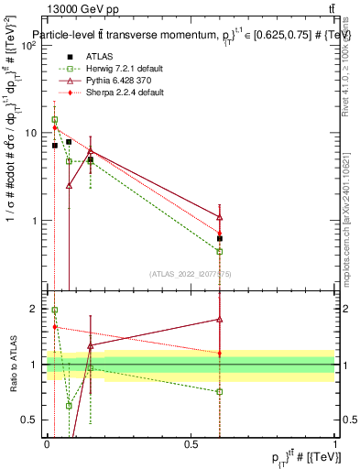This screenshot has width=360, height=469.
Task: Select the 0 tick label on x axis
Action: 47,442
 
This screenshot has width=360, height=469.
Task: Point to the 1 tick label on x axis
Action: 334,442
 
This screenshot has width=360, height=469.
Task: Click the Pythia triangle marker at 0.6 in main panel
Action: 220,216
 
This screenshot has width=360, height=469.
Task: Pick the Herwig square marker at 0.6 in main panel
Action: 220,251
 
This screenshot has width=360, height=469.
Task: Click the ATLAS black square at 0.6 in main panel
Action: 220,238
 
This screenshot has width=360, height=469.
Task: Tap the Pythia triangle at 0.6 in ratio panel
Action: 220,319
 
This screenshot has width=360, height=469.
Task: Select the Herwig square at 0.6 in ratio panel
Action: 220,392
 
